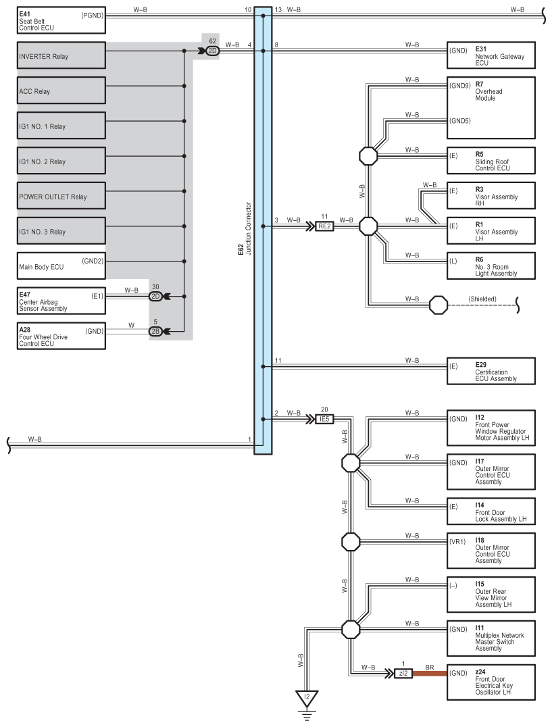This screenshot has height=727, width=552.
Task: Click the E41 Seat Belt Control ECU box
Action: (x=61, y=20)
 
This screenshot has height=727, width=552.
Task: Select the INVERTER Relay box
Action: (x=61, y=55)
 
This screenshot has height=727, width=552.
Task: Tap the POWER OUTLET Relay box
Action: (x=61, y=196)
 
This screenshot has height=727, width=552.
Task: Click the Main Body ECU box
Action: (x=61, y=266)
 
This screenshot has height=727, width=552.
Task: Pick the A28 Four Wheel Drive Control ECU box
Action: (x=61, y=336)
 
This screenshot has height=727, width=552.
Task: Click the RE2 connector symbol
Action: (x=324, y=226)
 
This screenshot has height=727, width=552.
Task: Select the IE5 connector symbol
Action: (x=324, y=419)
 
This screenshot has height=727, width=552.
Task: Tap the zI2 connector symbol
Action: (x=403, y=673)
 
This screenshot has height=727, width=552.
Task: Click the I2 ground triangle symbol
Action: (x=307, y=698)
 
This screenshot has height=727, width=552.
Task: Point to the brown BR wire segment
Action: (x=430, y=673)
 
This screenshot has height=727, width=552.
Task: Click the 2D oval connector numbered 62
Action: (x=213, y=51)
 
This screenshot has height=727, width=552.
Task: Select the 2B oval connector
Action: (x=155, y=331)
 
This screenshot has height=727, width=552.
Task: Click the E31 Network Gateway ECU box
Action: (x=491, y=55)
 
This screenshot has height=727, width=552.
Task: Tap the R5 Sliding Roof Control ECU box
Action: (x=491, y=160)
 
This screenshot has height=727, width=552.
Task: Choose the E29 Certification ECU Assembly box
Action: (x=491, y=371)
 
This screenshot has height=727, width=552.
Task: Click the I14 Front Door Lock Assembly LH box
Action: (x=491, y=511)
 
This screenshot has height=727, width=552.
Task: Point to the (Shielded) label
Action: (x=482, y=299)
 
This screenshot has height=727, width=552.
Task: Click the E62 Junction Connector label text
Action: (x=245, y=228)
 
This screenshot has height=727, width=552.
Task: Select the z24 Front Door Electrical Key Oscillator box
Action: (x=491, y=682)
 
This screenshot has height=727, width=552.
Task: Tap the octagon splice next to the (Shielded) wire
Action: (x=438, y=305)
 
